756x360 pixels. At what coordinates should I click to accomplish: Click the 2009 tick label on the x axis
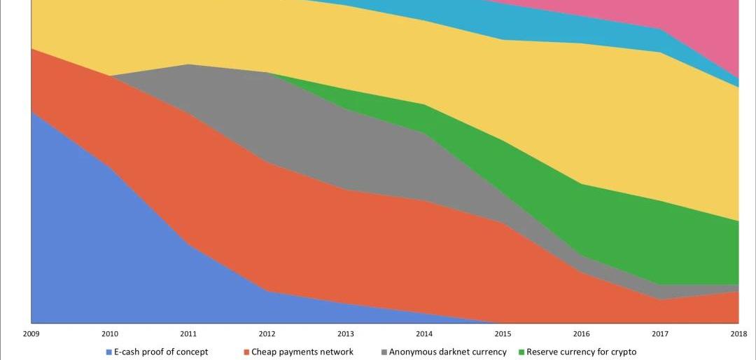click(31, 333)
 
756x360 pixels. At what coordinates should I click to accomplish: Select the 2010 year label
click(110, 333)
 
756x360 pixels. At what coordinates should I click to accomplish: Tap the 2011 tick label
click(188, 333)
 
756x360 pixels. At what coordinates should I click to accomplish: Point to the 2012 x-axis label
click(267, 333)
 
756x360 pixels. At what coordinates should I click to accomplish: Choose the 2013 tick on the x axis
click(345, 333)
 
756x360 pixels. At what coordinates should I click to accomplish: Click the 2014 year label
click(424, 333)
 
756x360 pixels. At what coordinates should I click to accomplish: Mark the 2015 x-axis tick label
click(503, 333)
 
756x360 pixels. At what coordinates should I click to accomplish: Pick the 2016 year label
click(581, 333)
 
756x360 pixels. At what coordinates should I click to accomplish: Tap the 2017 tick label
click(659, 333)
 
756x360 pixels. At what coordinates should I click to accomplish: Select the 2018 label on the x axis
click(738, 333)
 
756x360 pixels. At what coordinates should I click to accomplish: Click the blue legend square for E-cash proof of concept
click(108, 352)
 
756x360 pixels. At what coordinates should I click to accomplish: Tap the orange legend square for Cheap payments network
click(246, 352)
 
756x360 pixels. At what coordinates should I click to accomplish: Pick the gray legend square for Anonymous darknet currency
click(384, 352)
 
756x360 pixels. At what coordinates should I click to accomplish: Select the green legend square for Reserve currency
click(521, 352)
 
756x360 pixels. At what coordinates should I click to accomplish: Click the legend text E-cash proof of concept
click(161, 352)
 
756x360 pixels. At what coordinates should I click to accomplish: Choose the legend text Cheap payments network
click(302, 352)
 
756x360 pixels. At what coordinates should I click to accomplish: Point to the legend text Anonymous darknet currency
click(447, 352)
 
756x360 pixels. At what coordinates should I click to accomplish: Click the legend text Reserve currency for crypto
click(581, 352)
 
